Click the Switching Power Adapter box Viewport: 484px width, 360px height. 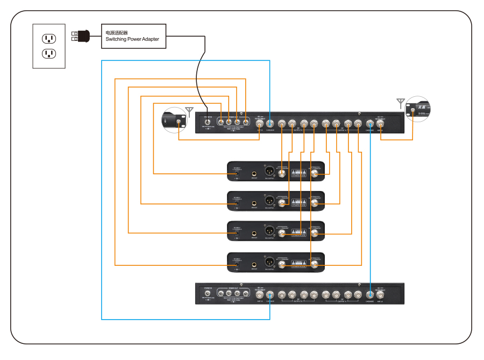[x=133, y=36]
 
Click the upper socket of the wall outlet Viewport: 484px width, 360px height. [x=49, y=38]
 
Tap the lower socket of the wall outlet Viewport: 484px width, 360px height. [x=49, y=53]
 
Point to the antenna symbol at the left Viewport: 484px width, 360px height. [x=189, y=111]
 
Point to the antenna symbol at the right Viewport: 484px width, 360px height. [x=400, y=102]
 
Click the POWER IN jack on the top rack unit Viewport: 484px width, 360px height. [x=208, y=122]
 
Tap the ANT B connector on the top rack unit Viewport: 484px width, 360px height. [x=260, y=122]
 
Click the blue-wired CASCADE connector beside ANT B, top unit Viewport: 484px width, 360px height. [x=270, y=122]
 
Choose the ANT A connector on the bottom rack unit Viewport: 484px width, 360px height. [x=381, y=294]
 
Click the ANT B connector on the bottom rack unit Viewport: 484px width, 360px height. [x=260, y=294]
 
